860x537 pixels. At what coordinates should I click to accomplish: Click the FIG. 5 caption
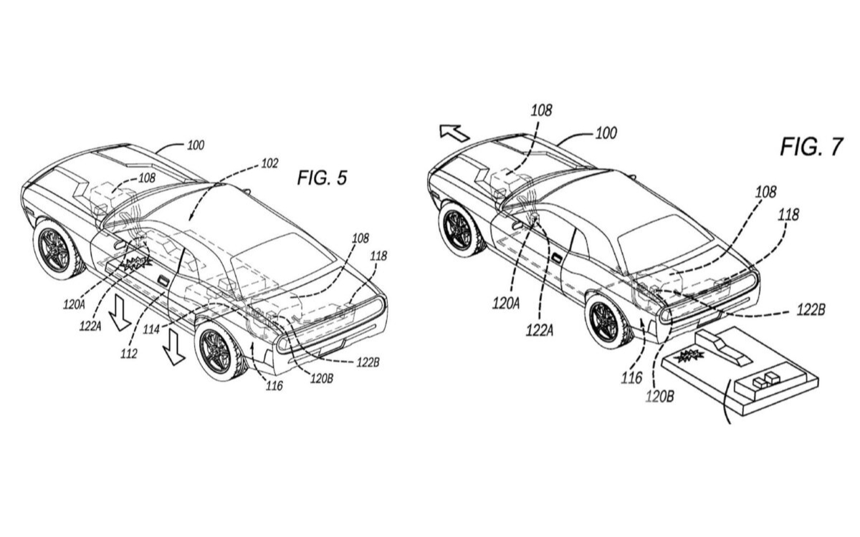click(x=322, y=178)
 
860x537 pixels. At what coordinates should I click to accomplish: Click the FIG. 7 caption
click(x=811, y=146)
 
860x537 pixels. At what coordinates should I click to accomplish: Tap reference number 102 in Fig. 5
click(x=269, y=163)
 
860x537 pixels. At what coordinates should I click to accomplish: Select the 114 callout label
click(x=151, y=329)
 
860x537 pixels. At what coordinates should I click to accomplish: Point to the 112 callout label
click(x=128, y=354)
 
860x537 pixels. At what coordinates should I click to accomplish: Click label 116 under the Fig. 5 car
click(x=274, y=385)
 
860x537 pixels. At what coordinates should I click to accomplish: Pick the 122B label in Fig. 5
click(x=368, y=362)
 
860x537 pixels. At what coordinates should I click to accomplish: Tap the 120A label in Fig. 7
click(x=506, y=304)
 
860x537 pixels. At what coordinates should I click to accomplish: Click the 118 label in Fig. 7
click(x=788, y=215)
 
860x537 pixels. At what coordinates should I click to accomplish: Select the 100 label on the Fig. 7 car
click(x=606, y=133)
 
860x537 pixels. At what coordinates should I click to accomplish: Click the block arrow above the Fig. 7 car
click(x=454, y=132)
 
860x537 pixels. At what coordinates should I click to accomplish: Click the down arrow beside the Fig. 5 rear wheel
click(x=173, y=347)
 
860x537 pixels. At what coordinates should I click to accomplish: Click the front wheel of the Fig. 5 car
click(x=57, y=250)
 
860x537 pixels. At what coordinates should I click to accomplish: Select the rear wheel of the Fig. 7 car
click(x=608, y=321)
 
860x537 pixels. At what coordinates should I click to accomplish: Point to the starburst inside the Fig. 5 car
click(x=136, y=262)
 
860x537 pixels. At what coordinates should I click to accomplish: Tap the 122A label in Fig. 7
click(x=540, y=330)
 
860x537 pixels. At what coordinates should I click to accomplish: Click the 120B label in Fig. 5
click(x=322, y=379)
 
